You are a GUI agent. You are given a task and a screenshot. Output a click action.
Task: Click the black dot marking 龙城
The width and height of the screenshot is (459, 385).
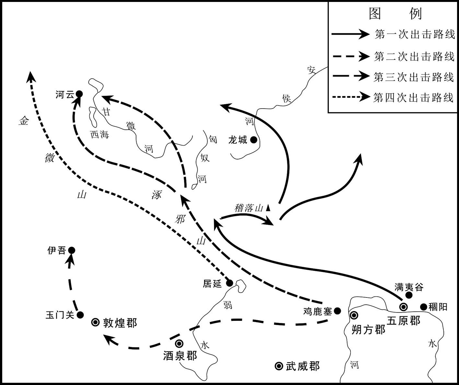(x=254, y=140)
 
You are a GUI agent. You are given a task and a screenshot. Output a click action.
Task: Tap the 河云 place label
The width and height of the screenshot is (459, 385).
(x=65, y=95)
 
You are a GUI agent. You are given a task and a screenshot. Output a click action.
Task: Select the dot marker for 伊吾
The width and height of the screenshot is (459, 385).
(x=72, y=251)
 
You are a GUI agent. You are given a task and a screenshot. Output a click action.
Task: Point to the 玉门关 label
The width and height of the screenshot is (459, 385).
(x=60, y=315)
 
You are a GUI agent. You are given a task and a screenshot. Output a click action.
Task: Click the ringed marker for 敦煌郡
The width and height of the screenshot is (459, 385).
(x=96, y=322)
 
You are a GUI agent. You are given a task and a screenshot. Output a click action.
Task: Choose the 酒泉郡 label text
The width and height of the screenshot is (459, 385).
(x=180, y=356)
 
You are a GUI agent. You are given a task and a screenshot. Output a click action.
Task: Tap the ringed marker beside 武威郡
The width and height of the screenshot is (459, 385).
(x=279, y=366)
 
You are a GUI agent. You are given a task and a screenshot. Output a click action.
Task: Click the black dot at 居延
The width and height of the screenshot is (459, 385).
(x=229, y=283)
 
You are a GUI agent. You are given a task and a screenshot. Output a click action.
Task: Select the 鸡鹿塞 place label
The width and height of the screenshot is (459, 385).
(x=317, y=311)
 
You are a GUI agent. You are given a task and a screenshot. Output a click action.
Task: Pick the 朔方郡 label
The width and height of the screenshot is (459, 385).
(x=368, y=330)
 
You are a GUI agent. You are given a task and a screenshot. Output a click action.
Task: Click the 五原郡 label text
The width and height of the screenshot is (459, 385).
(x=404, y=321)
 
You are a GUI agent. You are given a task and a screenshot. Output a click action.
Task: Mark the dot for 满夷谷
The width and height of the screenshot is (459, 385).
(x=409, y=295)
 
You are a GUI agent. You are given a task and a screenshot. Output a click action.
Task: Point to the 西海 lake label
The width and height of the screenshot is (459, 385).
(x=99, y=134)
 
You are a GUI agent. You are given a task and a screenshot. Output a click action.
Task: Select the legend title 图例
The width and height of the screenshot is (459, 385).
(x=395, y=14)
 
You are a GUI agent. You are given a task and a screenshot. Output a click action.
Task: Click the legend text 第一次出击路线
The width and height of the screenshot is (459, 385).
(x=415, y=34)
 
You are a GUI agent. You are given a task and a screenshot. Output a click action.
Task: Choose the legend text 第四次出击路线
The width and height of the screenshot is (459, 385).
(x=413, y=97)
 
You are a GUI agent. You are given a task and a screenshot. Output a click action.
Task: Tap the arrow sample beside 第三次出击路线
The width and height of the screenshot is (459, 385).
(x=351, y=76)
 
